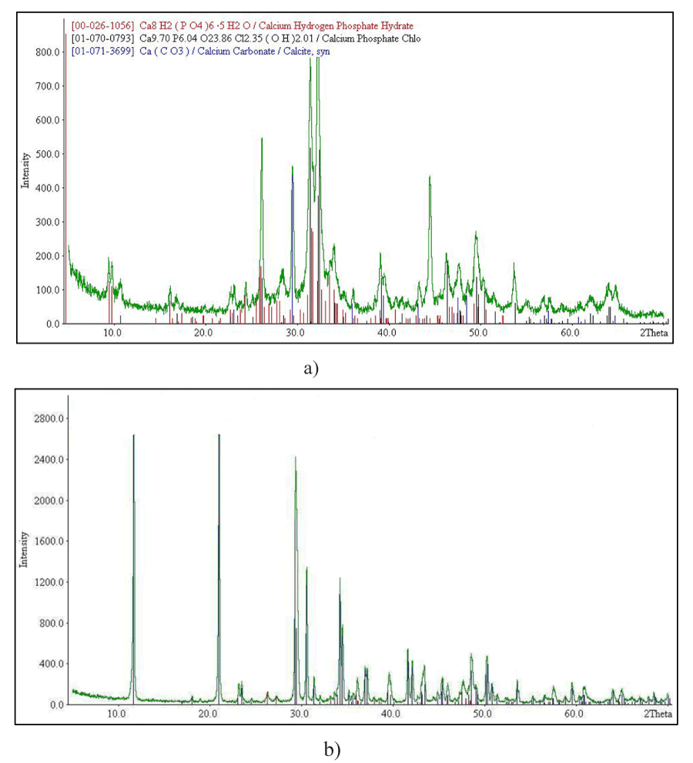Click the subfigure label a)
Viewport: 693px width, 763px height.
pyautogui.click(x=310, y=369)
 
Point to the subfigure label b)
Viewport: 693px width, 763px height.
pyautogui.click(x=331, y=748)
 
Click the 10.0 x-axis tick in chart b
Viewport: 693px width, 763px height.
pyautogui.click(x=117, y=714)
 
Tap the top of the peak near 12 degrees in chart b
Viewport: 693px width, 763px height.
pyautogui.click(x=133, y=436)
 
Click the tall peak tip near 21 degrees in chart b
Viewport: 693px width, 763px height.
pyautogui.click(x=219, y=436)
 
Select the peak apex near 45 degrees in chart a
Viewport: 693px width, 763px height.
pyautogui.click(x=430, y=177)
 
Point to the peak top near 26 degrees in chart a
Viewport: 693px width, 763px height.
pyautogui.click(x=262, y=139)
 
